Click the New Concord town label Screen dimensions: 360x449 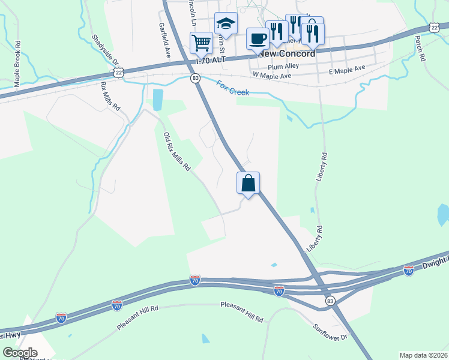(286, 53)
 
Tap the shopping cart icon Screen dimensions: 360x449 (201, 42)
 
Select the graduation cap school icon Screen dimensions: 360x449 (226, 24)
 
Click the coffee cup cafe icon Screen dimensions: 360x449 (258, 39)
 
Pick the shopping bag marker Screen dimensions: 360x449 (248, 183)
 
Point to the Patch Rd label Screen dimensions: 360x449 (420, 49)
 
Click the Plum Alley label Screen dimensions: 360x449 (283, 67)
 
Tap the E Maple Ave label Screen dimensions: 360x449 (347, 70)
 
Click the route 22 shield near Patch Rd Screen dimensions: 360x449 (434, 28)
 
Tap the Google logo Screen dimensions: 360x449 (20, 353)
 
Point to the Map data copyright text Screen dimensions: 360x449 (423, 355)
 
